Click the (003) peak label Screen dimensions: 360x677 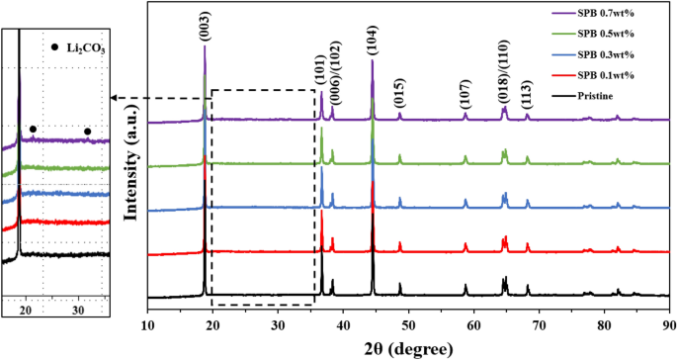(205, 29)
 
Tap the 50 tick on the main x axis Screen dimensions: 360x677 (408, 322)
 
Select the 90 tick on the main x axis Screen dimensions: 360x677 (669, 322)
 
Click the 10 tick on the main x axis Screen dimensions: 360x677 (147, 322)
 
